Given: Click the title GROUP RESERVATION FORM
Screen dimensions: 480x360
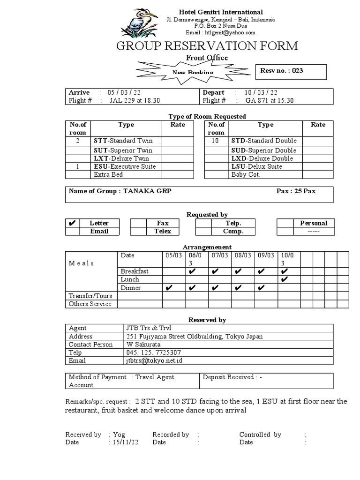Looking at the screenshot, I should click(207, 46).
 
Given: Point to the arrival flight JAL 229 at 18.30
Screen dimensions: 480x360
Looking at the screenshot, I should click(135, 100).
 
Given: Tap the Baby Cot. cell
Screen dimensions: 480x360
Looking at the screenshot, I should click(246, 174).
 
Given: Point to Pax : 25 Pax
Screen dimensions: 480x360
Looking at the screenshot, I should click(295, 191).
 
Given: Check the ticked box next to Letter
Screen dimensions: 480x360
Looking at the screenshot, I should click(72, 223).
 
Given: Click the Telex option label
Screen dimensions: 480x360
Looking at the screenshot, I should click(163, 231).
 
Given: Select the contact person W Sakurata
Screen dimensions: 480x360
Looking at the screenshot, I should click(143, 345).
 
